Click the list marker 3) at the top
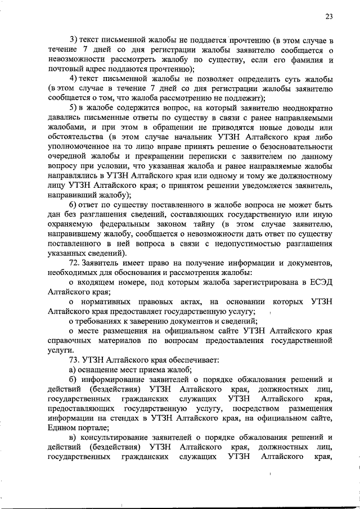click(x=73, y=40)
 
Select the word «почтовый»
click(x=65, y=69)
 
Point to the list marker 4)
click(x=73, y=79)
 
